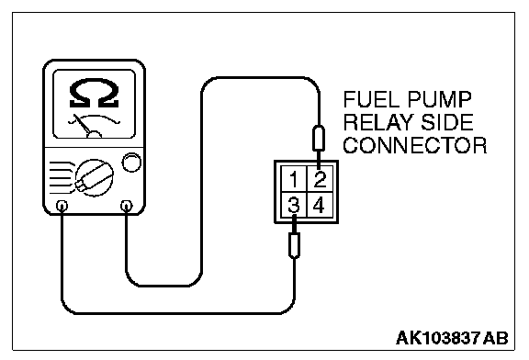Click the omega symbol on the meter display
pos(94,94)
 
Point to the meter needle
pos(82,124)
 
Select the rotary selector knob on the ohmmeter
pos(94,178)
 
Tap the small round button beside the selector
pos(131,163)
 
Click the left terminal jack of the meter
pos(62,206)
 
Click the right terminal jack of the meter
pos(126,205)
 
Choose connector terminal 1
pos(294,179)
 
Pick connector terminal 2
pos(320,179)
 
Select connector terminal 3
pos(294,205)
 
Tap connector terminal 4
pos(320,205)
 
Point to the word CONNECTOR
pos(415,145)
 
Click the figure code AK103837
pos(438,338)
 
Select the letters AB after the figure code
pos(496,338)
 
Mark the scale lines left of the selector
pos(62,178)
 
